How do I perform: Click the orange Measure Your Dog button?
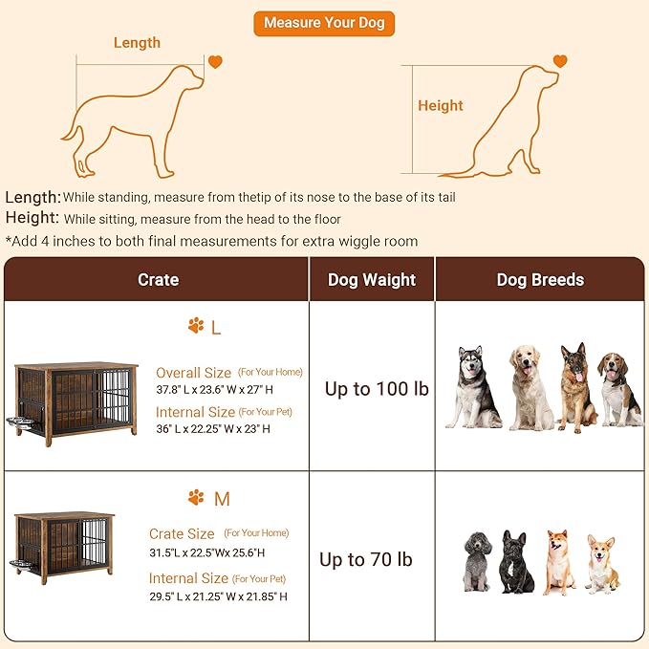[323, 23]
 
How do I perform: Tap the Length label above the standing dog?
[137, 43]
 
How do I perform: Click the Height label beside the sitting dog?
[440, 106]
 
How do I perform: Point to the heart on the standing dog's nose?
[215, 62]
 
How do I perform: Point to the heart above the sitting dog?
[559, 61]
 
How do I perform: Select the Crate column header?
[158, 280]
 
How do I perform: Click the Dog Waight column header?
[372, 280]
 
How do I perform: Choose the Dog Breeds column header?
[540, 280]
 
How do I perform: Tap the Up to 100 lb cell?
[376, 389]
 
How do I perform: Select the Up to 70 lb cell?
[366, 559]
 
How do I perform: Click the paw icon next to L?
[196, 327]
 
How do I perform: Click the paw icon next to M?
[196, 498]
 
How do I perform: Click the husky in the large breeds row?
[472, 387]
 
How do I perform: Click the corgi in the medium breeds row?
[601, 563]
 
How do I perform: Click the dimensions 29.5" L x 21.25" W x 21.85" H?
[218, 596]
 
